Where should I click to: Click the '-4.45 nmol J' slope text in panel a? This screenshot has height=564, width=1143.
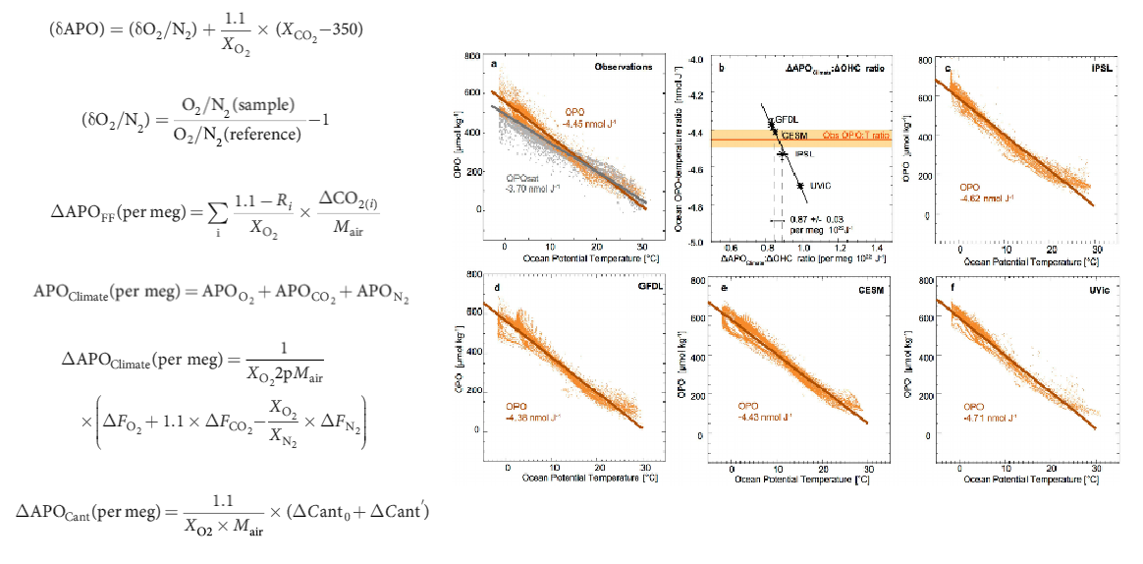583,123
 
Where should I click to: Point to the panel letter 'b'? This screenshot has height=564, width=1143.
723,67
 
